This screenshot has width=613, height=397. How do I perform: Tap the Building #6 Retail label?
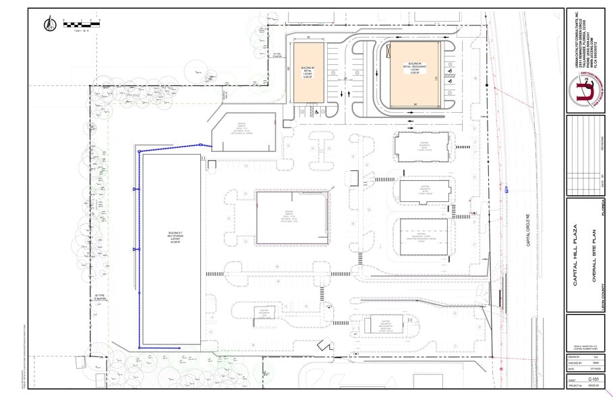(308, 72)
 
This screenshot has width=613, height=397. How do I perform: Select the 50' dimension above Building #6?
(308, 38)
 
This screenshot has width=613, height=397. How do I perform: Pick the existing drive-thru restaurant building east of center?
(424, 236)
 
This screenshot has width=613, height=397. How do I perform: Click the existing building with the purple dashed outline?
(293, 217)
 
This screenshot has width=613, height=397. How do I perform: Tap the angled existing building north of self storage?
(244, 132)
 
